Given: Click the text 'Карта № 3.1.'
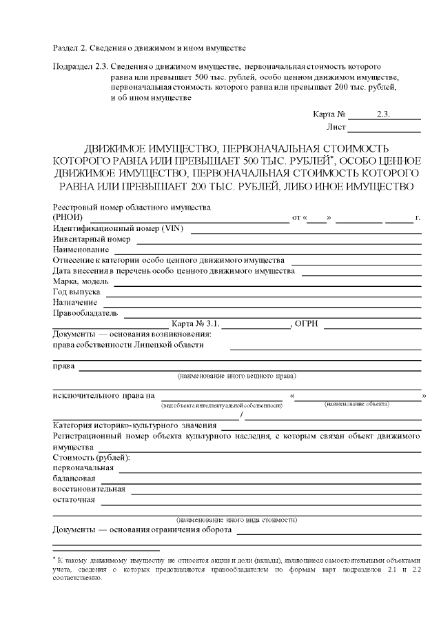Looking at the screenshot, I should pyautogui.click(x=195, y=323).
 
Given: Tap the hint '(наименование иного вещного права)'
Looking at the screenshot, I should pyautogui.click(x=236, y=376).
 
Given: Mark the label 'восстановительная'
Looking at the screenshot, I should pyautogui.click(x=89, y=490).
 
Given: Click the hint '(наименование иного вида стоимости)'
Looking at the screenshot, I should pyautogui.click(x=236, y=519).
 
